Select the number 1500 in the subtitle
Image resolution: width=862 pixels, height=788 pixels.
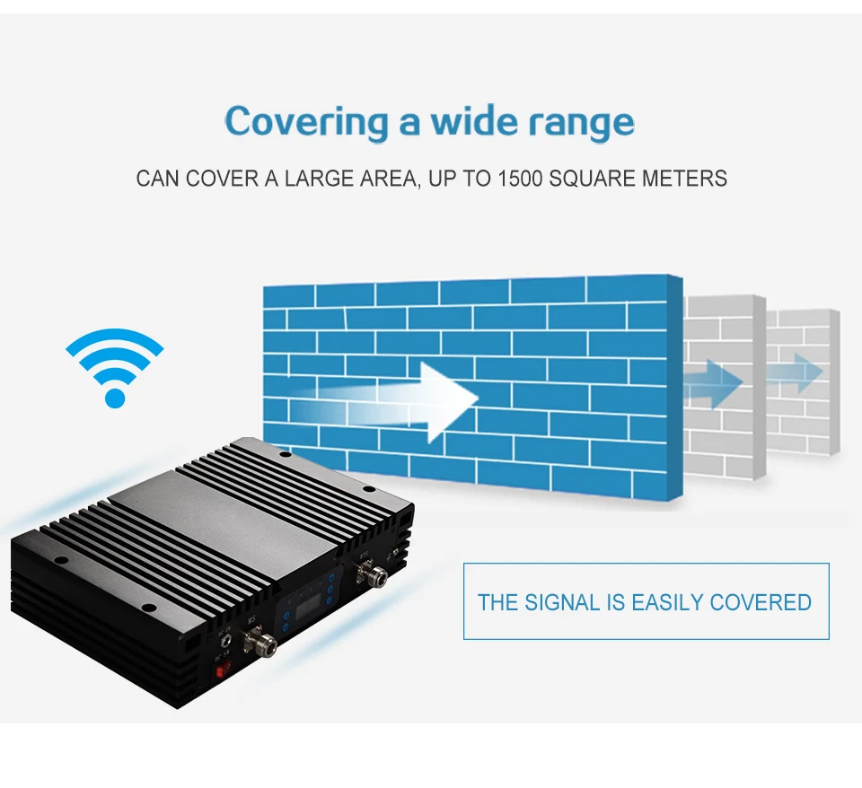(520, 178)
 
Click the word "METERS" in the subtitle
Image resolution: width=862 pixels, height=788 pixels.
(684, 178)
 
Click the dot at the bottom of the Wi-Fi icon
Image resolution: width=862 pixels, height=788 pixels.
(115, 396)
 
